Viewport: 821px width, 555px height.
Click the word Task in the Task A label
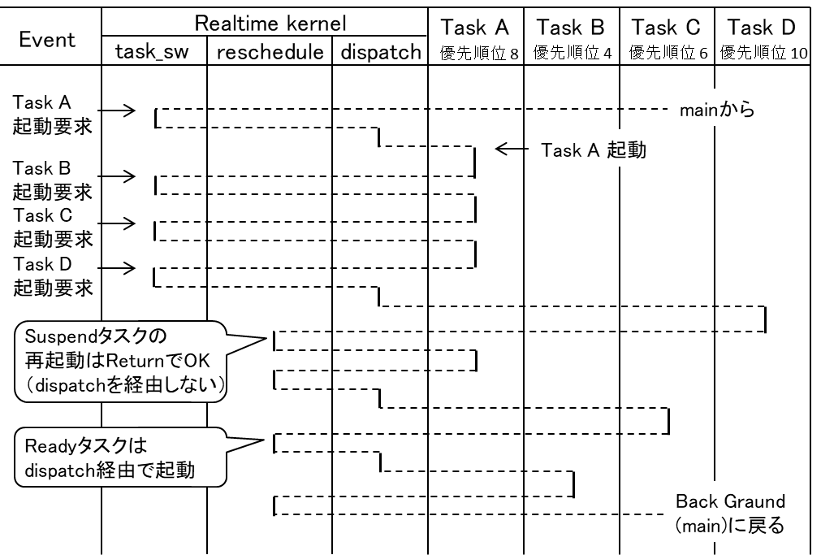click(560, 150)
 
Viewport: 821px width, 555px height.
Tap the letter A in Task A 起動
click(592, 150)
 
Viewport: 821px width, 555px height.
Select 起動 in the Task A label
click(627, 150)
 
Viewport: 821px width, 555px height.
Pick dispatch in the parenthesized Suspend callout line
click(68, 386)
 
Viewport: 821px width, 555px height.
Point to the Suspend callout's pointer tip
click(263, 339)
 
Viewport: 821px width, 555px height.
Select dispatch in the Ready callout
click(57, 470)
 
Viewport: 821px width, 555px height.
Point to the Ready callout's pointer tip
click(258, 441)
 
